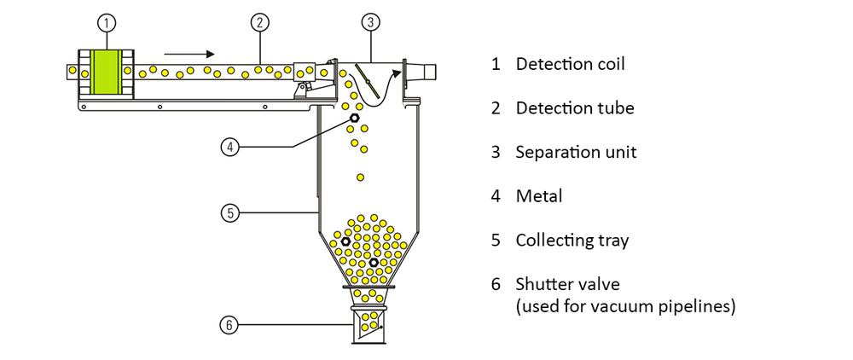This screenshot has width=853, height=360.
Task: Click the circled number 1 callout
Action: (x=107, y=22)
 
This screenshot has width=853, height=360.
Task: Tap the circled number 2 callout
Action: (x=261, y=22)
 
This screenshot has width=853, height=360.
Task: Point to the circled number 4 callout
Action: (x=229, y=148)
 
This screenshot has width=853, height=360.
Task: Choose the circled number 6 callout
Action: (x=229, y=324)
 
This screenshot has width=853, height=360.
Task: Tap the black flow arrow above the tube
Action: (x=189, y=53)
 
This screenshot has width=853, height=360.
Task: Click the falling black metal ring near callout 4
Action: (x=354, y=117)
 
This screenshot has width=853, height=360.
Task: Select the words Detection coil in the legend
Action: (x=564, y=64)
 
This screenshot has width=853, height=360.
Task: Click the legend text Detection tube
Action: (x=575, y=108)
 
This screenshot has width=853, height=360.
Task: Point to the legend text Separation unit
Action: (x=576, y=153)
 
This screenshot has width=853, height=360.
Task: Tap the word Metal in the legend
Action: (x=539, y=196)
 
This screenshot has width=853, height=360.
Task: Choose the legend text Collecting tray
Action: (x=572, y=241)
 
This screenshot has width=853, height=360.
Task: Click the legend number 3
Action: (x=496, y=153)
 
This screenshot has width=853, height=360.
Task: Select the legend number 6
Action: (x=496, y=284)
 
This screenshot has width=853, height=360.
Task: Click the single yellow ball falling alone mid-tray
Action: (x=361, y=177)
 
